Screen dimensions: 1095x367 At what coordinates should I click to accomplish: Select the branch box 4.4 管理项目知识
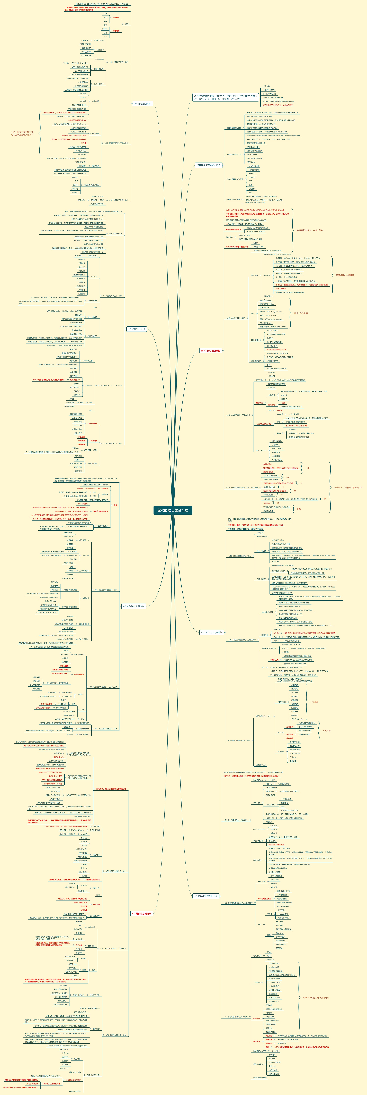tap(143, 103)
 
